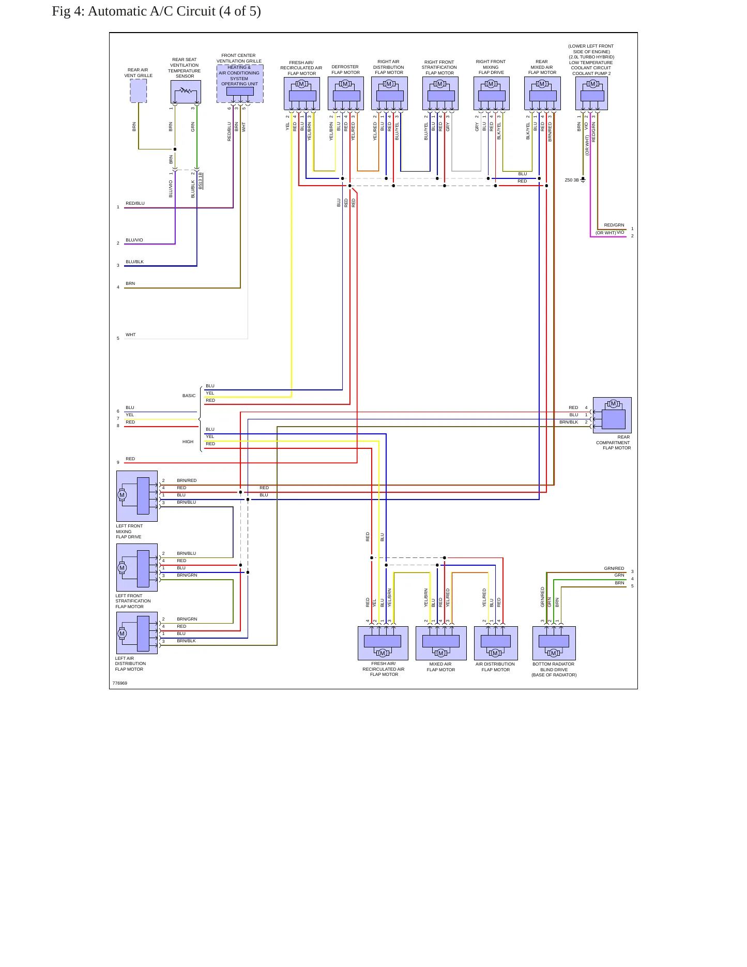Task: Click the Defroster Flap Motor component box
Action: tap(346, 94)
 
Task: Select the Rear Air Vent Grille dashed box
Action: tap(139, 91)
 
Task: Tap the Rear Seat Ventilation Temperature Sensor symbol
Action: tap(186, 92)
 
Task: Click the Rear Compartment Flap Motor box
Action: tap(612, 415)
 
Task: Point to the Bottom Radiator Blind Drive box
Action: tap(554, 643)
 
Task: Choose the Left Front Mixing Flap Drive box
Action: tap(137, 496)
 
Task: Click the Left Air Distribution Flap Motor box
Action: tap(137, 633)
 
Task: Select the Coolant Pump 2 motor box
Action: tap(591, 94)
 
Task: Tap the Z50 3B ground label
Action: tap(572, 180)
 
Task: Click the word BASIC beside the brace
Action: tap(189, 396)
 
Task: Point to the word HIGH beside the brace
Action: tap(188, 442)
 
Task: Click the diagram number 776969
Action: tap(120, 683)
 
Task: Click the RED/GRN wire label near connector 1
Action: tap(614, 225)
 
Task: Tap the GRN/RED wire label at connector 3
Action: tap(614, 568)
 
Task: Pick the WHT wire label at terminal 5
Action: tap(131, 335)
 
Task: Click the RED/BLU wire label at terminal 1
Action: tap(135, 203)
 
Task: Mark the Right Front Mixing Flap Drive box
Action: tap(492, 94)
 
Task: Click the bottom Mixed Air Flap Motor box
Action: tap(441, 643)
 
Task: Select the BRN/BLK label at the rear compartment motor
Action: tap(569, 422)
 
